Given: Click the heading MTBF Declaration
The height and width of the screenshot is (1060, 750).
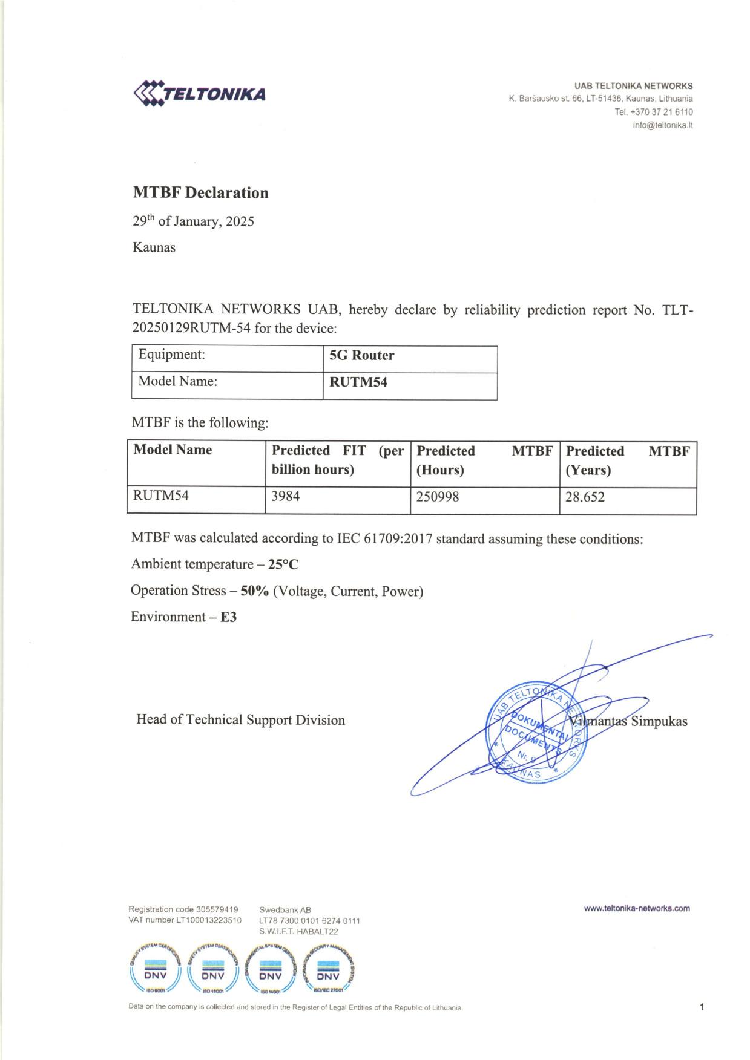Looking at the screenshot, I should [x=200, y=193].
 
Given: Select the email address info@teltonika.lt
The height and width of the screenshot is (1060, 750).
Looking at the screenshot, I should [x=662, y=125].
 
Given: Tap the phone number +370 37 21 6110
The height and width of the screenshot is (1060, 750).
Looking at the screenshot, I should [x=662, y=112].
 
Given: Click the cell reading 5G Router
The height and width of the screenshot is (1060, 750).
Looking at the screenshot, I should [x=361, y=355].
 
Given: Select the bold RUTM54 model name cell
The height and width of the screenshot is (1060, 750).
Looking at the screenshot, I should [x=358, y=382].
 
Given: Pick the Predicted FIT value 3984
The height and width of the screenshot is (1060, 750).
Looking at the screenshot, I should [x=286, y=497].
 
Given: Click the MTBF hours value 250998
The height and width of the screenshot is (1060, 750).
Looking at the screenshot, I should [x=438, y=497].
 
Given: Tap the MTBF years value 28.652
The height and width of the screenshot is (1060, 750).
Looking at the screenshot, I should [x=585, y=498].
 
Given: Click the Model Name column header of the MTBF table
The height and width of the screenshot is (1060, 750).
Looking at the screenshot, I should [x=173, y=450].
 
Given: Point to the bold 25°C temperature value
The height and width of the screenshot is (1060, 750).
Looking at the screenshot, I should [x=283, y=564].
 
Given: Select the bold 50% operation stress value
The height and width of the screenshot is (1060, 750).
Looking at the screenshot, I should [x=255, y=591].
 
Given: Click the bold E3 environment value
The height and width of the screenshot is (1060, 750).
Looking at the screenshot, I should [x=228, y=617].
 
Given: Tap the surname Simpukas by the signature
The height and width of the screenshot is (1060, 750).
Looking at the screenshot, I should [x=659, y=721].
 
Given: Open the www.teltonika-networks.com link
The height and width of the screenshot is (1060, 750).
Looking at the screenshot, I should [x=637, y=908].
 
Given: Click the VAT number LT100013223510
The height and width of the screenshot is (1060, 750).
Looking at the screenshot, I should [x=209, y=920].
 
